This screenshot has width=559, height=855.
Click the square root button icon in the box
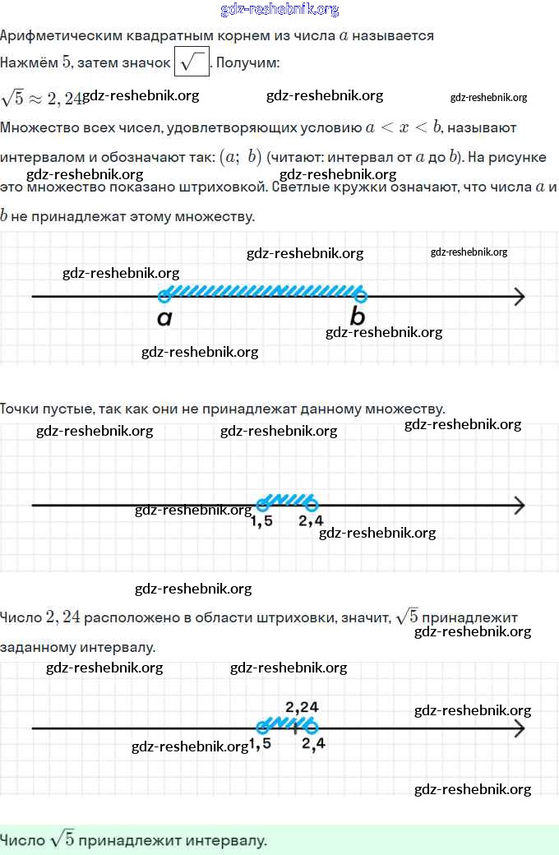point(192,62)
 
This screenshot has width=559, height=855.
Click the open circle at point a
point(164,296)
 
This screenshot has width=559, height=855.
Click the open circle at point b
point(360,296)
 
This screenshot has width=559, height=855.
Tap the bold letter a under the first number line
point(164,318)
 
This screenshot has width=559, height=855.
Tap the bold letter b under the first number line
point(358,317)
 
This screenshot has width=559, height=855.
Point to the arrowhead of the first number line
point(518,296)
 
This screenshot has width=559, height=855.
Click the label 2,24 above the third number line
point(302,706)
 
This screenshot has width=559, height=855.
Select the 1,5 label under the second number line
point(261,521)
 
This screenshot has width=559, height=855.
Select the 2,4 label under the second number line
point(311,520)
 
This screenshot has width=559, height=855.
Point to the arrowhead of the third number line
point(518,728)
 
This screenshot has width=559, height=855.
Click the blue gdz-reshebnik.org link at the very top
point(279,10)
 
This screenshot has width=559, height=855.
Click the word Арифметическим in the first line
point(53,36)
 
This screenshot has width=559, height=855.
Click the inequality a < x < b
point(404,127)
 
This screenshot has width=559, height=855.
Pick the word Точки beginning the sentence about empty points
point(21,409)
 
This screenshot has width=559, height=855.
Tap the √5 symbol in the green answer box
point(62,839)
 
